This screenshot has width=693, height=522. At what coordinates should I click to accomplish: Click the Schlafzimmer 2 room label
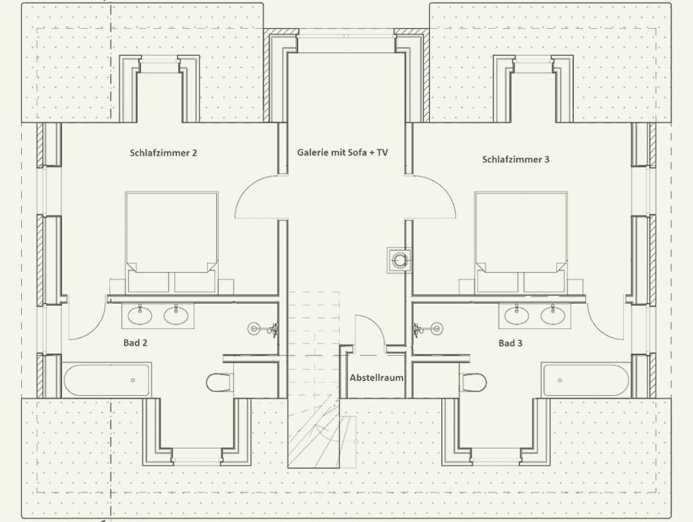[x=164, y=153]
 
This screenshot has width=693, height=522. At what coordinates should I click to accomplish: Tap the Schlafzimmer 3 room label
[x=516, y=159]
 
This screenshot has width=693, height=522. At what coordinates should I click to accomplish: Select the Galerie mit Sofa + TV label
[x=343, y=152]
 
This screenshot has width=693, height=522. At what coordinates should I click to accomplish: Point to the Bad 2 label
[x=135, y=342]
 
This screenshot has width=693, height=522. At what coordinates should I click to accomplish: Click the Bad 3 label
[x=510, y=343]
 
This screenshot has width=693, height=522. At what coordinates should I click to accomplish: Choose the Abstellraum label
[x=376, y=378]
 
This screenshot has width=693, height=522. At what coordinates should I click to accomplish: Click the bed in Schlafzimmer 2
[x=171, y=242]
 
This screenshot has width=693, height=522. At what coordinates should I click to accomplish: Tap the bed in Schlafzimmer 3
[x=521, y=242]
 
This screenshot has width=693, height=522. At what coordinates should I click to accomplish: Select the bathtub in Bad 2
[x=107, y=380]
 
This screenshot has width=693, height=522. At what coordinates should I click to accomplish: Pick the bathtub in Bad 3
[x=586, y=380]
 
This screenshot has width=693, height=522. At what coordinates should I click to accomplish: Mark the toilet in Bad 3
[x=473, y=382]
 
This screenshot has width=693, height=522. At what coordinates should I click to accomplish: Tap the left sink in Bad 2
[x=140, y=315]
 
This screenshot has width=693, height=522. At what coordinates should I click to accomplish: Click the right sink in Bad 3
[x=553, y=315]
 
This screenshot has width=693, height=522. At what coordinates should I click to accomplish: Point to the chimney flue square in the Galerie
[x=399, y=260]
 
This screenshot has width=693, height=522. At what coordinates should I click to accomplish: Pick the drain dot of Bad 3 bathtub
[x=560, y=380]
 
